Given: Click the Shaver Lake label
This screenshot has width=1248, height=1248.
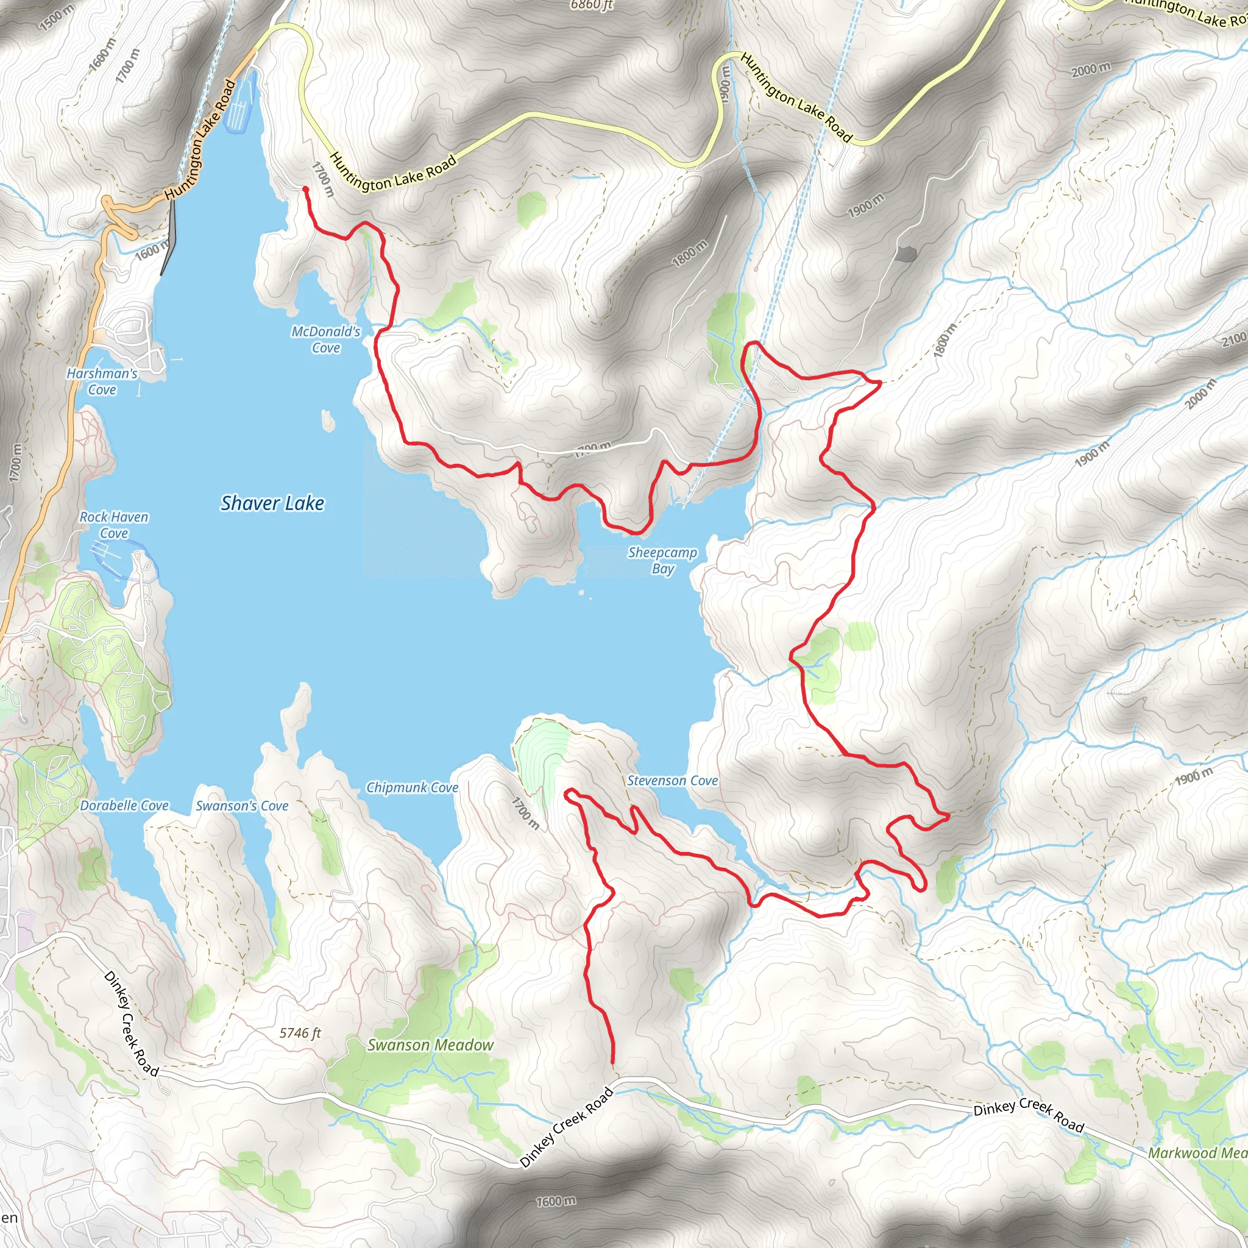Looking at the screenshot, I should click(x=272, y=503).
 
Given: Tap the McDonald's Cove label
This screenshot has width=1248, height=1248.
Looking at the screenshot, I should click(x=325, y=340).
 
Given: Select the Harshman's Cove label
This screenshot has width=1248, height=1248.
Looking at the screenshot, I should click(x=102, y=381).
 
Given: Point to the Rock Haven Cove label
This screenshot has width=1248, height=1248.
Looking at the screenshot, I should click(x=114, y=525).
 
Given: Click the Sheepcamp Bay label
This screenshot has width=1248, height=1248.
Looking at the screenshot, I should click(x=663, y=560).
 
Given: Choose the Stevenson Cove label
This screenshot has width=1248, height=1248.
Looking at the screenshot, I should click(x=673, y=781).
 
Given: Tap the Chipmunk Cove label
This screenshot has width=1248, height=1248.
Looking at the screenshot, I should click(x=412, y=787).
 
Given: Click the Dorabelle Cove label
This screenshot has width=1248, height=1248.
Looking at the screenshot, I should click(x=124, y=806).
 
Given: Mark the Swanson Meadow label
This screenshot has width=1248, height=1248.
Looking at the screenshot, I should click(x=430, y=1045).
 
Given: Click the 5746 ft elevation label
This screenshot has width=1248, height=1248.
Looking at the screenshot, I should click(x=300, y=1033).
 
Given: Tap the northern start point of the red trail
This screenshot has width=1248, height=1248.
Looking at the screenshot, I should click(x=305, y=189).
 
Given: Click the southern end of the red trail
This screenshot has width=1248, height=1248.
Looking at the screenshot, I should click(x=612, y=1062).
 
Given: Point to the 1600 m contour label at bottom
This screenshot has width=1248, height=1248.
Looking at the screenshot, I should click(x=556, y=1202).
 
